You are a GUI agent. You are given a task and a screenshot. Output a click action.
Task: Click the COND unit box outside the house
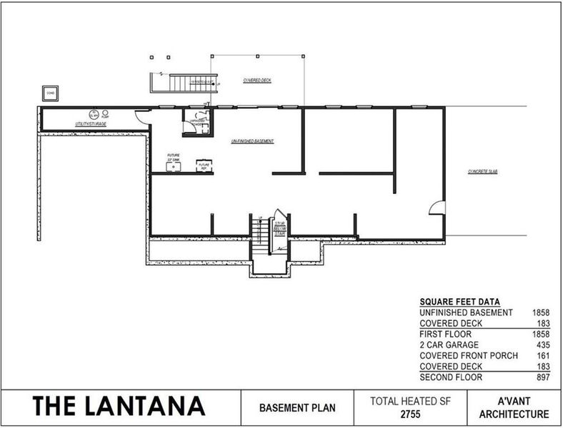pos(51,93)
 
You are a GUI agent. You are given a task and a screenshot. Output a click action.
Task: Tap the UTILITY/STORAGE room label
pos(91,125)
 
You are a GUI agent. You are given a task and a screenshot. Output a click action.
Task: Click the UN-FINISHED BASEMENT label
pos(252,141)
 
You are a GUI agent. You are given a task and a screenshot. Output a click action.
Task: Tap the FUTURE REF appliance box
pos(204,166)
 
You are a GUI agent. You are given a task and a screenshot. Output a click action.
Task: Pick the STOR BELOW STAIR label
pos(281,228)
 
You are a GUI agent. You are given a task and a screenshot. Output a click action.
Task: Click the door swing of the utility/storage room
pos(144,117)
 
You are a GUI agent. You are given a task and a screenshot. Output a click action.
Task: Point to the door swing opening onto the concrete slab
pos(436,208)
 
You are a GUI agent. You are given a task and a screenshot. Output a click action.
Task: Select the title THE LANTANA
pos(119,406)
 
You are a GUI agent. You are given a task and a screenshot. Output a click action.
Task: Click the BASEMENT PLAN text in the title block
pos(296,409)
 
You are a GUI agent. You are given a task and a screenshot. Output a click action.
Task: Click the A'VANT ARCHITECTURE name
pos(514,408)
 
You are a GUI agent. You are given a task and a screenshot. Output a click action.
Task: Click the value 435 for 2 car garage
pos(542,345)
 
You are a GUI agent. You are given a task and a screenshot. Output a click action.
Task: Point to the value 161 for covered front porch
pos(542,355)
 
